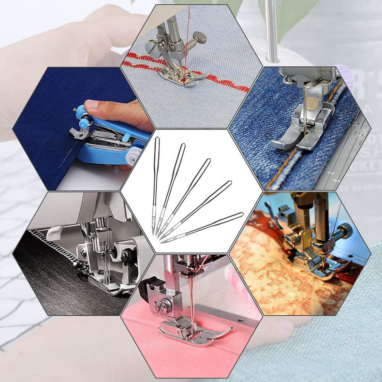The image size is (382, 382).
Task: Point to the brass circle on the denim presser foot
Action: coord(314,102)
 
